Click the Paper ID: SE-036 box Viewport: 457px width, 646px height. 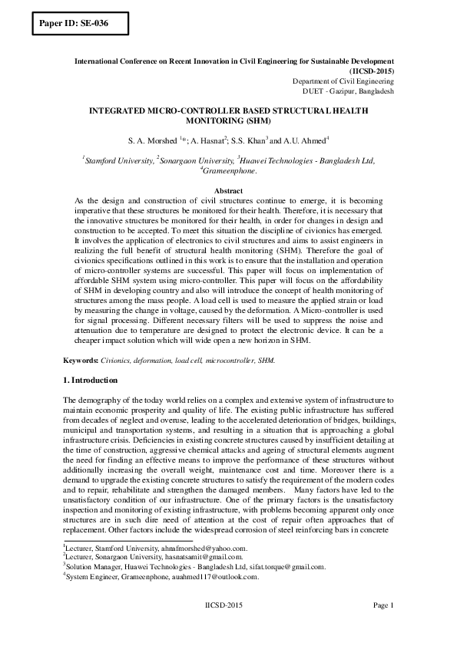click(x=75, y=23)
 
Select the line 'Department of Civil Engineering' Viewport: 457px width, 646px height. click(x=343, y=80)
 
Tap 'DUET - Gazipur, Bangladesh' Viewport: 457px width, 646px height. click(x=349, y=91)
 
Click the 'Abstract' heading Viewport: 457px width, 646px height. click(x=228, y=190)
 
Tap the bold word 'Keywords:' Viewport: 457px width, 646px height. click(x=80, y=360)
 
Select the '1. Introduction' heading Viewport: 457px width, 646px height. click(x=90, y=381)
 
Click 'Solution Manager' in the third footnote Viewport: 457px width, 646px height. click(x=91, y=568)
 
